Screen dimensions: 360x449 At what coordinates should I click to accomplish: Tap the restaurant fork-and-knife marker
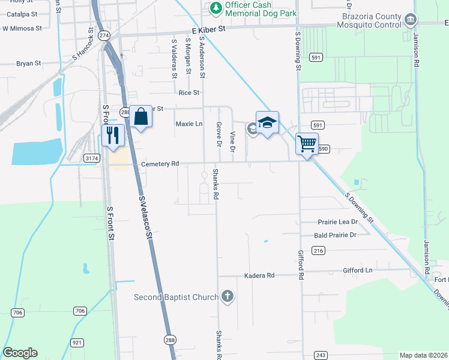tap(112, 135)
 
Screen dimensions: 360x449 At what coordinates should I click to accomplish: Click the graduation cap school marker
tap(267, 122)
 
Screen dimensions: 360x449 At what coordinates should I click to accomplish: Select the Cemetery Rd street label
tap(160, 164)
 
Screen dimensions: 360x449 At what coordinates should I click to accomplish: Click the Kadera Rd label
tap(259, 275)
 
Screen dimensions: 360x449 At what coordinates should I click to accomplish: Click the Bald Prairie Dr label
tap(335, 236)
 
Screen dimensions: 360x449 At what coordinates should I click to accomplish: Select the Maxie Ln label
tap(189, 124)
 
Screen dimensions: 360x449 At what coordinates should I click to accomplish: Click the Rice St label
tap(189, 93)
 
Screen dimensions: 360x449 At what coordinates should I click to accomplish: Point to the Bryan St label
tap(28, 63)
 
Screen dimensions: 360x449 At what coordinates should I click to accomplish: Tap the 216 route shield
tap(318, 250)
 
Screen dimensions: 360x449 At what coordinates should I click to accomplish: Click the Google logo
tap(20, 353)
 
